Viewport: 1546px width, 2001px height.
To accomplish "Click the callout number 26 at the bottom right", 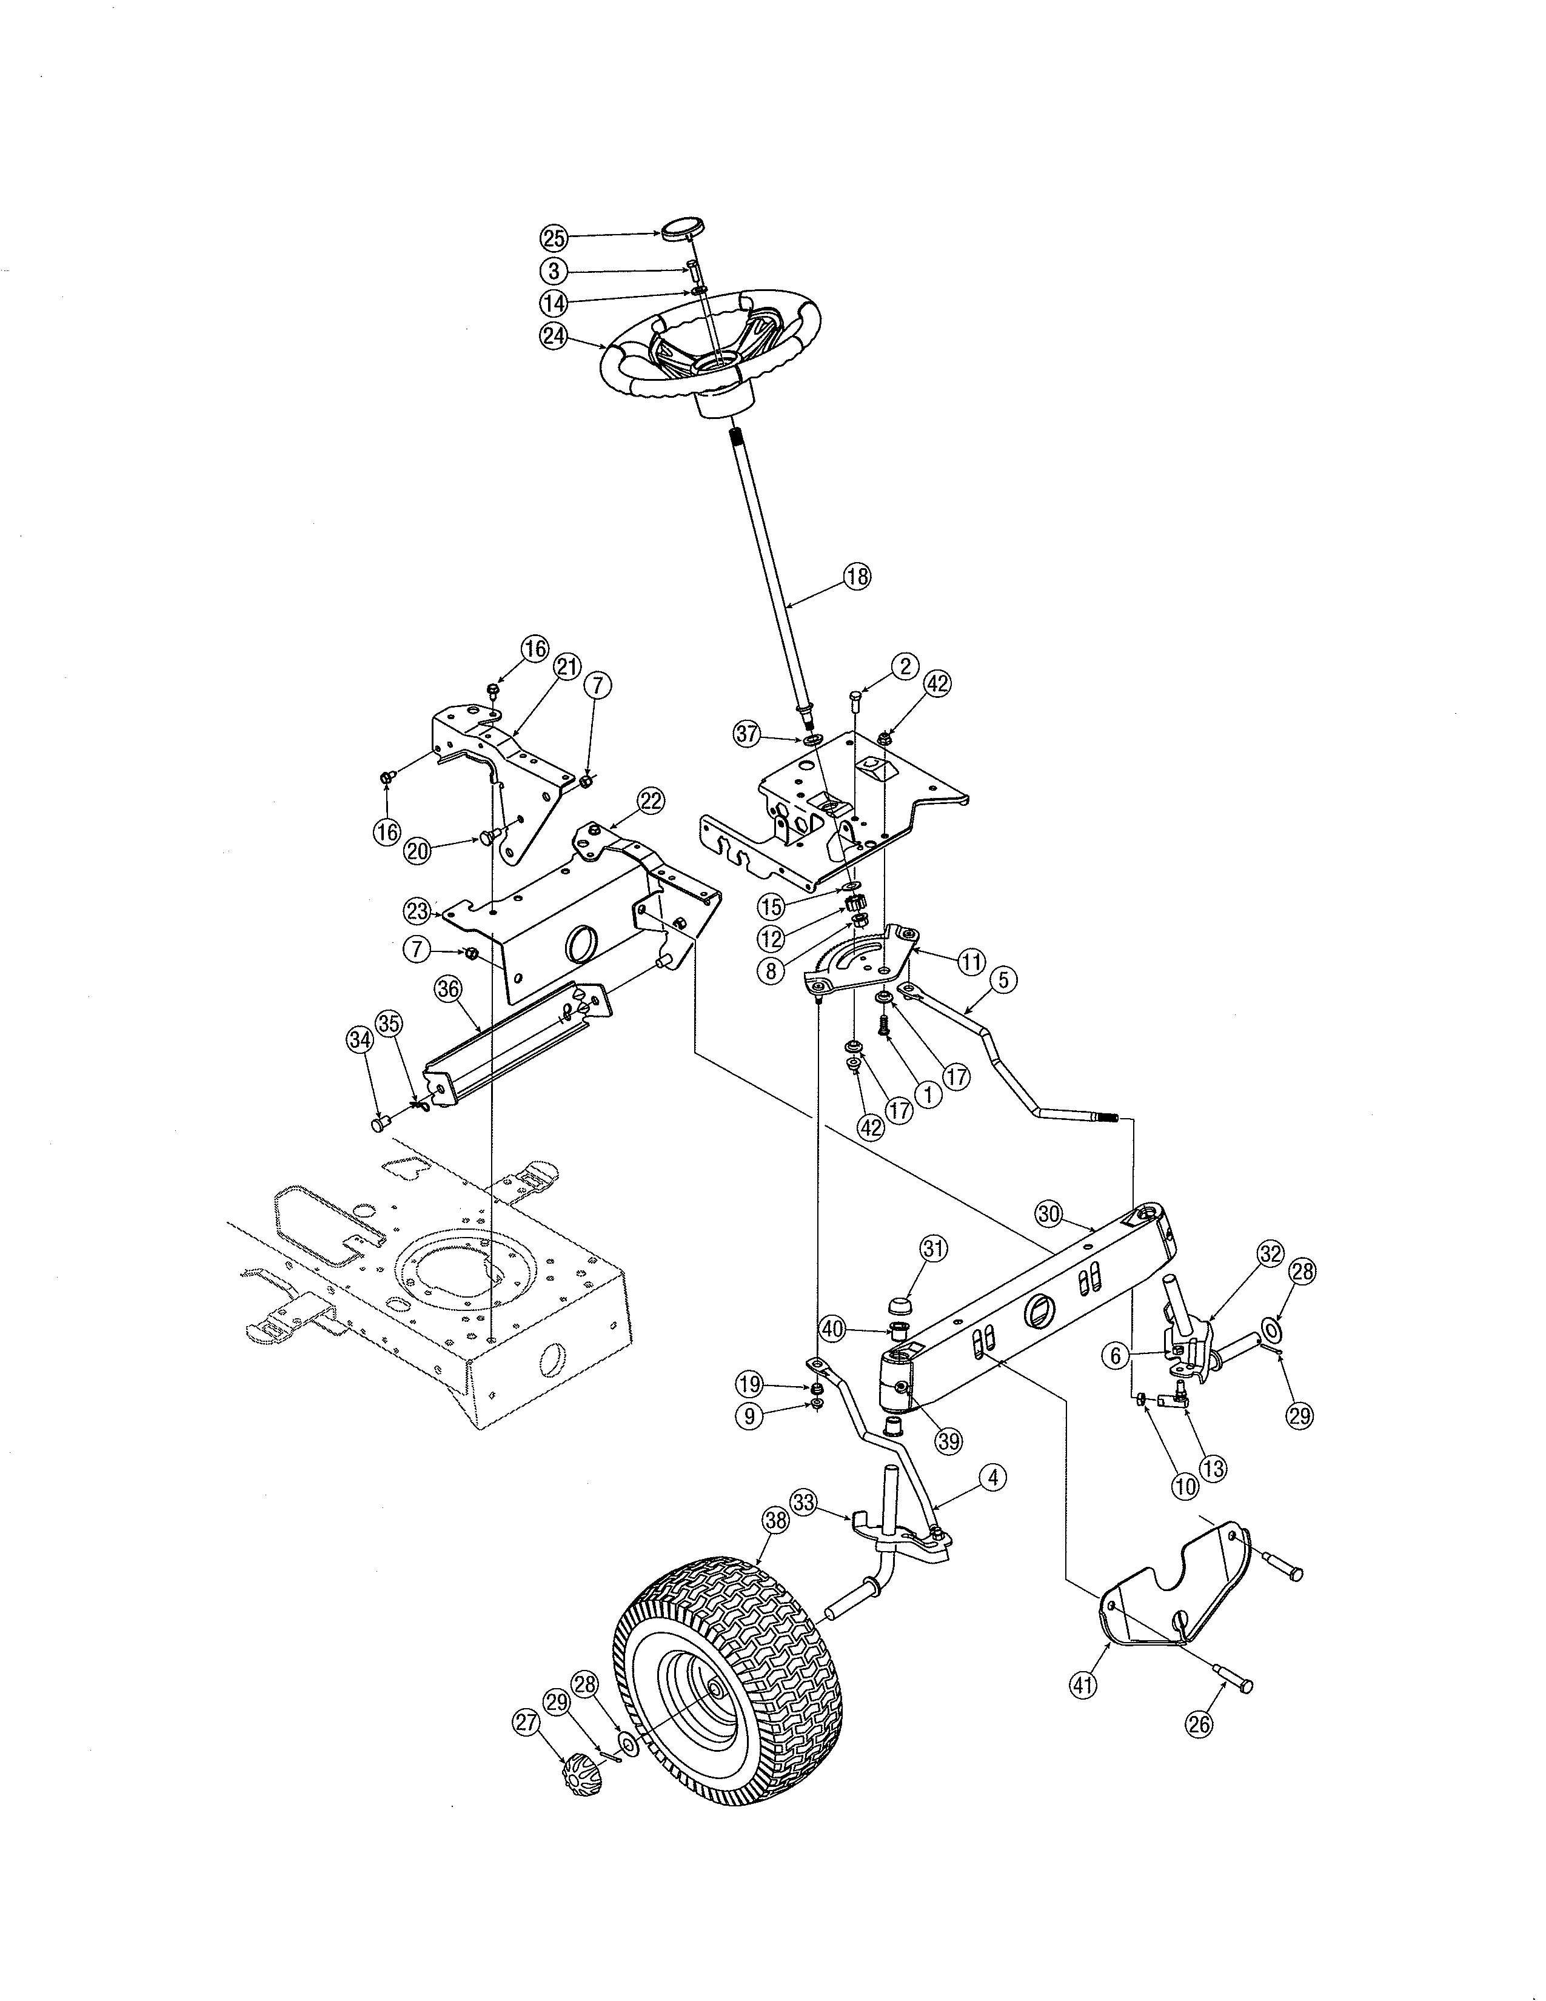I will (x=1199, y=1723).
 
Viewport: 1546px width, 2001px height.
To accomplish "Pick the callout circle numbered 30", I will (x=1049, y=1214).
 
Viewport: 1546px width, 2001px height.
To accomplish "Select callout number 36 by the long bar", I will (x=448, y=988).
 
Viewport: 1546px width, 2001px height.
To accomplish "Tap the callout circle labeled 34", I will (x=360, y=1038).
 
